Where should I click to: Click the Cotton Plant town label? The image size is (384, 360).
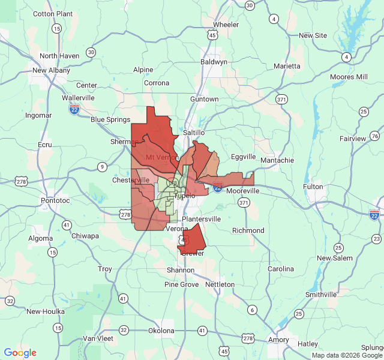click(x=53, y=14)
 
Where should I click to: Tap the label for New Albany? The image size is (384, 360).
click(x=51, y=70)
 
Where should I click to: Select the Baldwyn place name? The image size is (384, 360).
click(x=214, y=62)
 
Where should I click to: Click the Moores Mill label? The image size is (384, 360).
click(x=349, y=77)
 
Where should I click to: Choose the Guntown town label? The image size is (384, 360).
click(x=204, y=99)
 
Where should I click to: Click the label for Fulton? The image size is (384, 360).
click(x=313, y=187)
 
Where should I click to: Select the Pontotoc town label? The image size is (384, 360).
click(x=56, y=200)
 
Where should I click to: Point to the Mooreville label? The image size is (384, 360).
click(x=243, y=190)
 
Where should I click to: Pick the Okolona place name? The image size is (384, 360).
click(x=161, y=331)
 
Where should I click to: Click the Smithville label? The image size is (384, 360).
click(x=321, y=295)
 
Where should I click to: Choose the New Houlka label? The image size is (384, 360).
click(x=45, y=311)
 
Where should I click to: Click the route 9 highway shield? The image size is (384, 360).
click(x=103, y=167)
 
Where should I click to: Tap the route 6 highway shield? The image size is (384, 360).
click(x=253, y=310)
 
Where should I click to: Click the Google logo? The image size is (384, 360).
click(x=20, y=353)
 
